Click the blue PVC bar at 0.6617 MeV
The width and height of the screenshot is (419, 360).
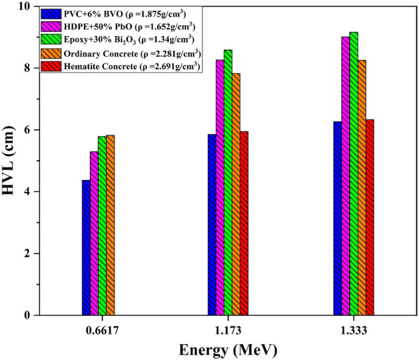(86, 247)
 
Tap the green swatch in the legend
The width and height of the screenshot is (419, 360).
(50, 39)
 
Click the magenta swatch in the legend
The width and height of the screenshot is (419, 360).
(50, 27)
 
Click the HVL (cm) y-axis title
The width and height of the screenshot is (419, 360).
(9, 161)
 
